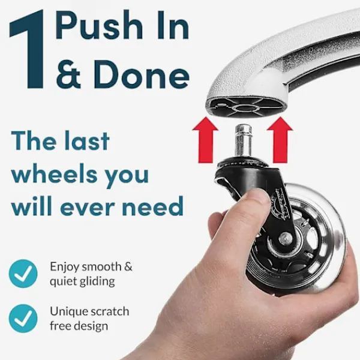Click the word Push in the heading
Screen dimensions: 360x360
97,26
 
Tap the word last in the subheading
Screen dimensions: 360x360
85,141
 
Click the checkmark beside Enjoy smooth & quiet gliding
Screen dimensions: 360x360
23,274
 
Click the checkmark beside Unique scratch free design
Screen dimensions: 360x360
23,319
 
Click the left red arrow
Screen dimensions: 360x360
205,140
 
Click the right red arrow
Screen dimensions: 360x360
280,140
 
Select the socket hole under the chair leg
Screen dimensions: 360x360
244,108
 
